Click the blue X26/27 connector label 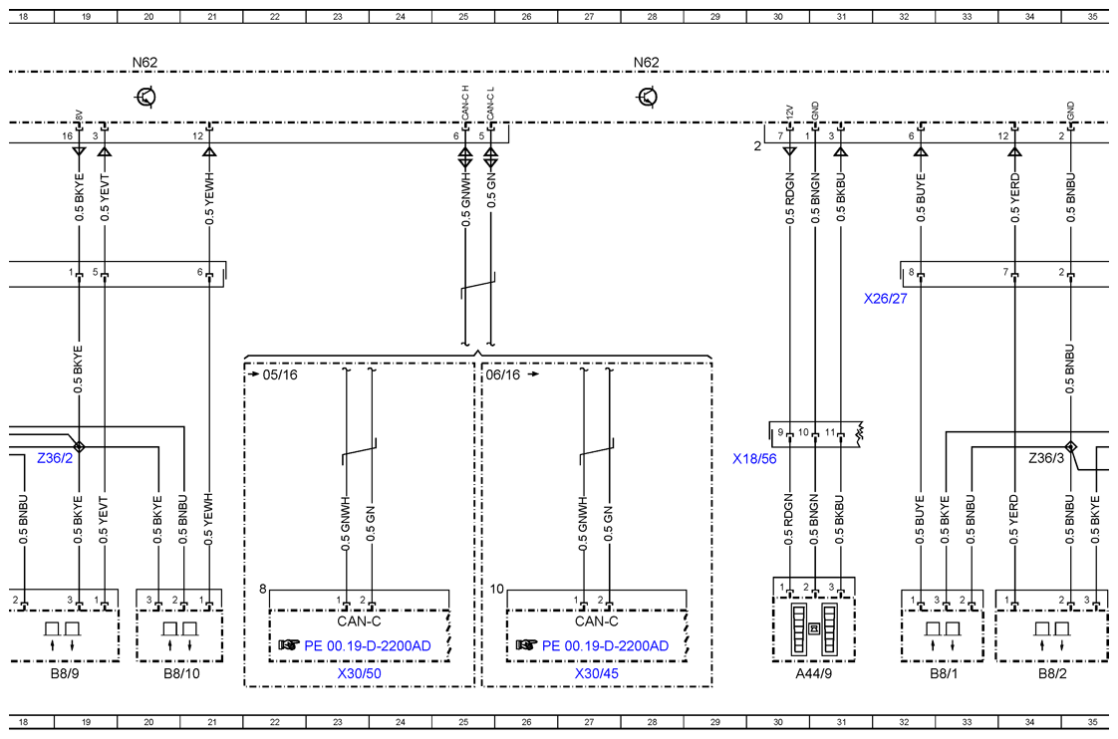pos(885,299)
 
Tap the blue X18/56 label pos(754,459)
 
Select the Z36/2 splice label pos(55,458)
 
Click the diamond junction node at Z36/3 pos(1070,447)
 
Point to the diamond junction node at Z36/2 pos(79,447)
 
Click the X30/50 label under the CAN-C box pos(360,673)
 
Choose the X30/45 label pos(597,673)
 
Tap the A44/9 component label pos(813,673)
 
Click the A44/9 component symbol pos(813,629)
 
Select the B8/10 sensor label pos(181,673)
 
